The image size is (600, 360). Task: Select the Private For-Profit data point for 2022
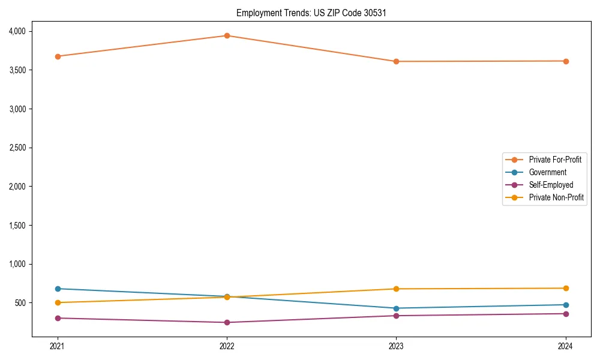tap(227, 35)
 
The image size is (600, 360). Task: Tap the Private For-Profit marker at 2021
tap(58, 56)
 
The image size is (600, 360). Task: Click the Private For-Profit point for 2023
tap(396, 61)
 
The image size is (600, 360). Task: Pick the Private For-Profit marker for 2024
tap(566, 61)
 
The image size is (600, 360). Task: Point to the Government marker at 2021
tap(58, 289)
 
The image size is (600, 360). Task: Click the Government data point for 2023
tap(396, 308)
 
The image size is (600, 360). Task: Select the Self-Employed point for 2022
tap(227, 322)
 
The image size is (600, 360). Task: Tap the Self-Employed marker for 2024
tap(566, 314)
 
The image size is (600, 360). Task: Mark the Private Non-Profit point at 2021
tap(58, 302)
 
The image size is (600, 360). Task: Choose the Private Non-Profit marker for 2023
tap(396, 289)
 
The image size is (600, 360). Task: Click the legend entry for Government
tap(547, 172)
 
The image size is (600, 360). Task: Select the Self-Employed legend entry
tap(551, 185)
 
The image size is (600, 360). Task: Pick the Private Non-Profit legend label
tap(556, 197)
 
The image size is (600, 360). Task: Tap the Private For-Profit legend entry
tap(555, 160)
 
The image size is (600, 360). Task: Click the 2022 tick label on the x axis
tap(227, 346)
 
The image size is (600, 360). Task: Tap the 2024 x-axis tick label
tap(566, 346)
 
